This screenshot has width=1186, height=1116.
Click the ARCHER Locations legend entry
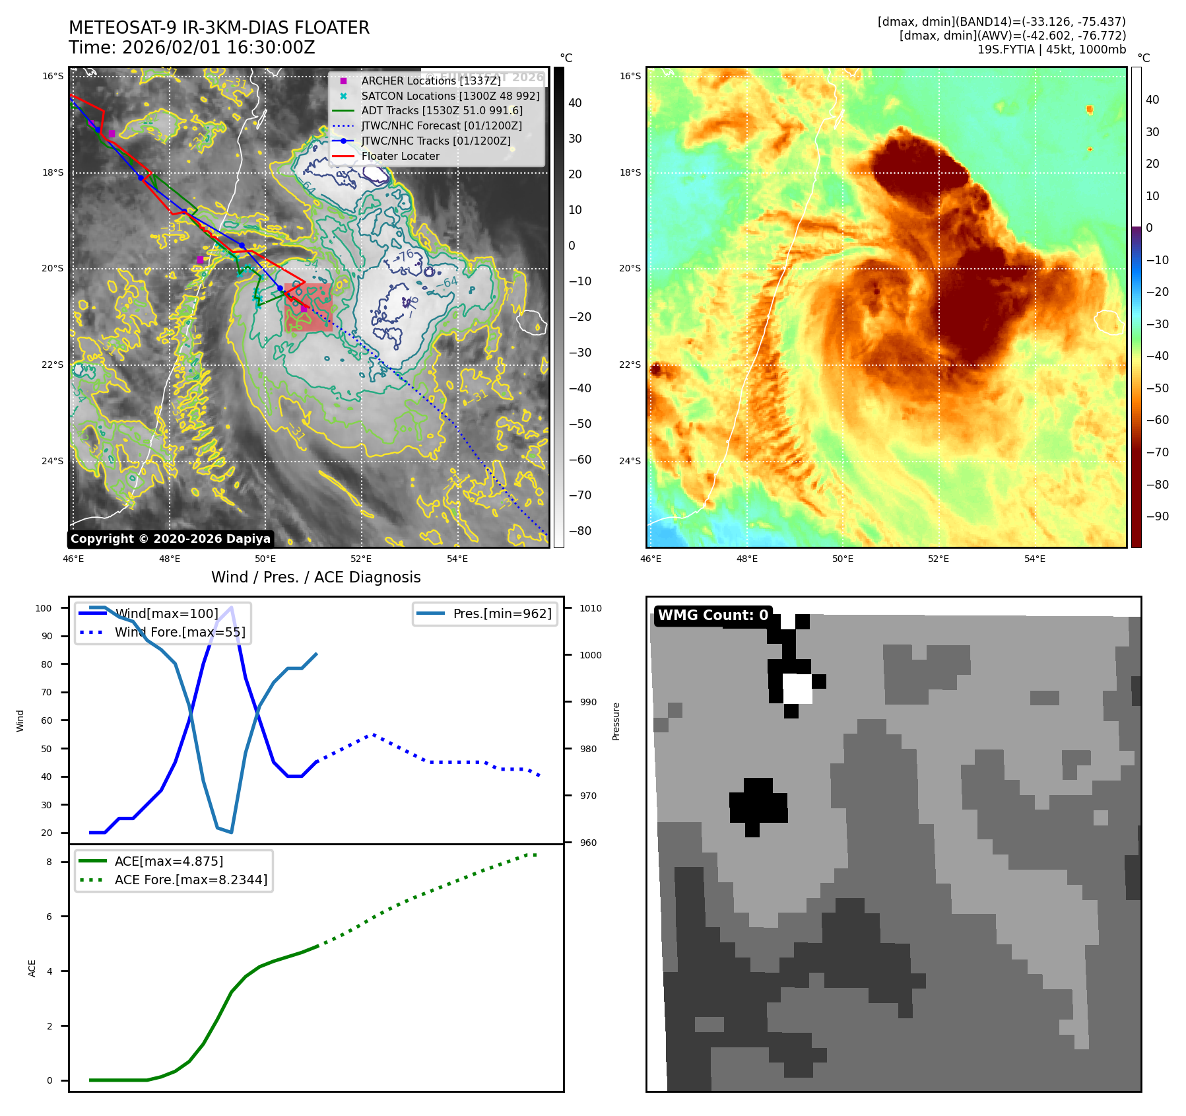click(430, 81)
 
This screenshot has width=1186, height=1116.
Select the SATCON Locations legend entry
click(450, 96)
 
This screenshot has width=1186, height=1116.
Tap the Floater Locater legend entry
click(400, 156)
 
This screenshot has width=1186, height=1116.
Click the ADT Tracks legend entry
click(442, 111)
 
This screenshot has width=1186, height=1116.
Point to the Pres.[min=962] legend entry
click(502, 613)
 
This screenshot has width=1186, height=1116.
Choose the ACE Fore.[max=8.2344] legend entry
click(191, 880)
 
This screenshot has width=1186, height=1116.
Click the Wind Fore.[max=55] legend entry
click(180, 632)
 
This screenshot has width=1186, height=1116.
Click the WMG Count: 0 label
click(713, 615)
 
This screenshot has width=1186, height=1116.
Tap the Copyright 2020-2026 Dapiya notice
click(170, 539)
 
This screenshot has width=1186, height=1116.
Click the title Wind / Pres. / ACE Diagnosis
click(315, 577)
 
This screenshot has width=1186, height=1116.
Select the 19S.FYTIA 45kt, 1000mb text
click(1051, 50)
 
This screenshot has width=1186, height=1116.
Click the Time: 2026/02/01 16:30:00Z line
click(191, 48)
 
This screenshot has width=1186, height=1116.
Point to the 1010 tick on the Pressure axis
click(591, 608)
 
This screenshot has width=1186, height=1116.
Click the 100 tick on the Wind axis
click(44, 608)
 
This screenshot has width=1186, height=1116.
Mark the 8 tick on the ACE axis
click(49, 862)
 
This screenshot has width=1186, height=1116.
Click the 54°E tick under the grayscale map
click(457, 559)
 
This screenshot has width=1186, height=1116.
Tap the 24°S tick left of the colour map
click(630, 461)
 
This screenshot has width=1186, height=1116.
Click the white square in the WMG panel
click(797, 689)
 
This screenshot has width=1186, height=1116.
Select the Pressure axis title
click(616, 721)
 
